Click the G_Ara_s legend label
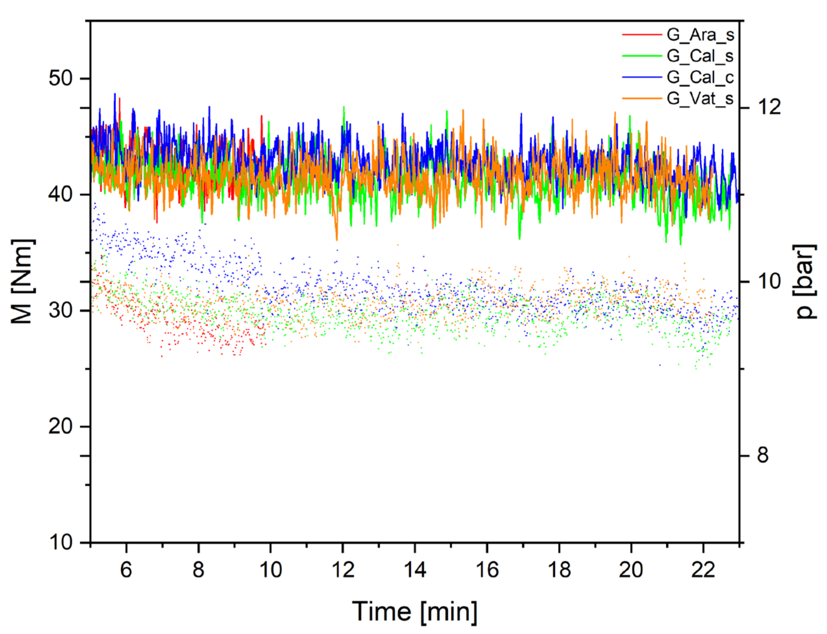click(700, 35)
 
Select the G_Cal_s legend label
click(700, 56)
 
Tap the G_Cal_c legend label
click(700, 77)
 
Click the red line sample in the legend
click(642, 34)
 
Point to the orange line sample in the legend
click(642, 98)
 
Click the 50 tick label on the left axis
click(60, 79)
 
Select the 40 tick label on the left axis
click(60, 195)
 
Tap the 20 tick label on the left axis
click(60, 427)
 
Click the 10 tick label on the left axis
click(60, 542)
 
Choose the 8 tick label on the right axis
click(763, 455)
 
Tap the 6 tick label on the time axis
click(126, 569)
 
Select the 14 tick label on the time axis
click(415, 569)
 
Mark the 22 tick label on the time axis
click(703, 569)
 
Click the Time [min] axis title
click(414, 611)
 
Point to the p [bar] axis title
click(806, 281)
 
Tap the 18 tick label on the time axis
click(559, 569)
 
